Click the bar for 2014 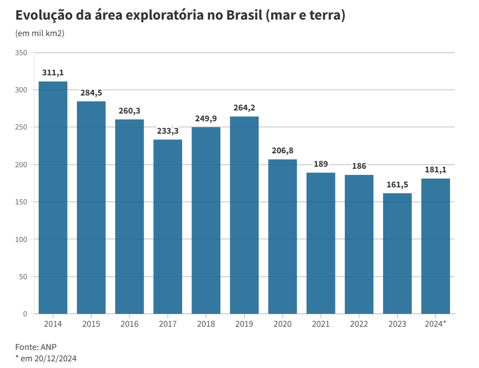(53, 198)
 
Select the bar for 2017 (168, 227)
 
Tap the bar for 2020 (282, 236)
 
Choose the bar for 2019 (244, 215)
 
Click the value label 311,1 (53, 73)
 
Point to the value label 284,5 (91, 93)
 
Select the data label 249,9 (206, 119)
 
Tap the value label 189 (321, 164)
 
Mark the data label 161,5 (397, 185)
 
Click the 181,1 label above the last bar (436, 170)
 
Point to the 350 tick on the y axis (21, 53)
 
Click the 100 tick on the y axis (21, 239)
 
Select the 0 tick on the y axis (25, 314)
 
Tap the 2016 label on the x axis (130, 324)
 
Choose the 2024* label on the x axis (436, 324)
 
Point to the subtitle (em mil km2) (40, 34)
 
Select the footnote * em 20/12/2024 (46, 358)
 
